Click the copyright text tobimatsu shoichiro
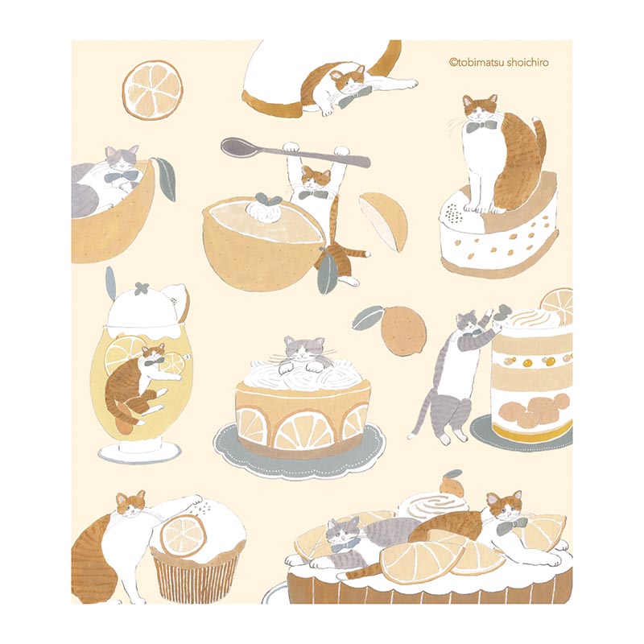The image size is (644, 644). tap(499, 63)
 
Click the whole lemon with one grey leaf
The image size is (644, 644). tap(402, 329)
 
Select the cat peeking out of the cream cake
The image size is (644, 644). tap(305, 354)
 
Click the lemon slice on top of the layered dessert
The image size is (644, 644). tap(558, 306)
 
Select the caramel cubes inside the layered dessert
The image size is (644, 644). tap(533, 409)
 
